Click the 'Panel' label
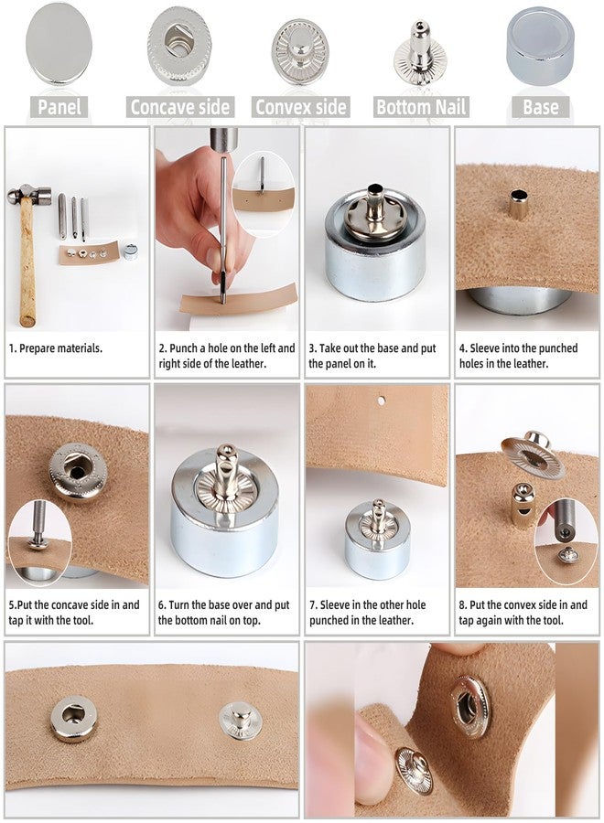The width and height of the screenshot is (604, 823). (x=59, y=107)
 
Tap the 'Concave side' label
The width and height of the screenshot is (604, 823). (x=180, y=107)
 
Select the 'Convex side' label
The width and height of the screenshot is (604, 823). (x=301, y=107)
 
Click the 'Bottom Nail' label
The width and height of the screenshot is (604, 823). (x=421, y=107)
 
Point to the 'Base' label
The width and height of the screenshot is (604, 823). (x=541, y=107)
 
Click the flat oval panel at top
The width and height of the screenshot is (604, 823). (x=59, y=44)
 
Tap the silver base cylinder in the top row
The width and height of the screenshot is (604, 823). (x=540, y=47)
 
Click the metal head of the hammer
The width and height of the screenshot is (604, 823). (x=29, y=196)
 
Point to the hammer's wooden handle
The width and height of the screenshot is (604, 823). (x=27, y=262)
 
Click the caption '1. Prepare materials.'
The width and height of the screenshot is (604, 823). (x=56, y=348)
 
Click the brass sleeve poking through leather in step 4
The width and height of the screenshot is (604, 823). (x=518, y=205)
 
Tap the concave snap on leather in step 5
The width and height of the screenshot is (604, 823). (x=79, y=472)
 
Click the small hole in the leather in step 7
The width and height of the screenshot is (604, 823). (x=382, y=401)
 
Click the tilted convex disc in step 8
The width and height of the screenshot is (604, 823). (x=534, y=454)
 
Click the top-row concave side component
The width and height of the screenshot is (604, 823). (x=179, y=46)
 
